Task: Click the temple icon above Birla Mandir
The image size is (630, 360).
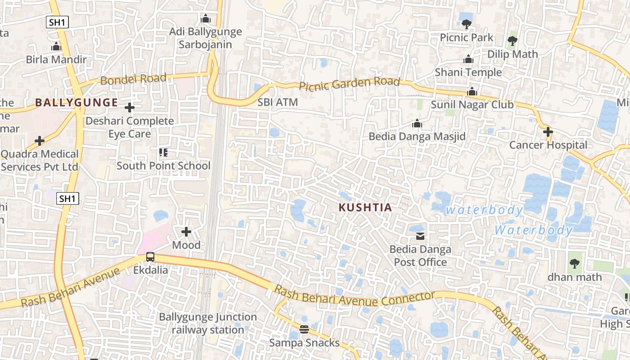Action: (56, 46)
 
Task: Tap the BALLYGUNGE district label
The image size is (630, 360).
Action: (76, 103)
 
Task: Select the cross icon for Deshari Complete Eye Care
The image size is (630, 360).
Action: (130, 108)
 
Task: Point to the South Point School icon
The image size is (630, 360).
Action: (163, 153)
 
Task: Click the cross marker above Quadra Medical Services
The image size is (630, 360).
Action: (40, 141)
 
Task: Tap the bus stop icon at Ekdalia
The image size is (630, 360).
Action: (150, 257)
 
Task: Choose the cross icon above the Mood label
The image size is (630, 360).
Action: (186, 232)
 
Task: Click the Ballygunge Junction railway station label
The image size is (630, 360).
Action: (207, 323)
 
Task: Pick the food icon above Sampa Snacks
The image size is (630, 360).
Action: (304, 329)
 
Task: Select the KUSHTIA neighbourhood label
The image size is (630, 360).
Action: (365, 207)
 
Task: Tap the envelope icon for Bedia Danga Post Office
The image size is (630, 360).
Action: (420, 236)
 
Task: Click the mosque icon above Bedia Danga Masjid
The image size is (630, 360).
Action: (417, 123)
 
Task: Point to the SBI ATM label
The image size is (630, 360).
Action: (278, 102)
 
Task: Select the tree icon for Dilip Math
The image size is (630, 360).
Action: (512, 41)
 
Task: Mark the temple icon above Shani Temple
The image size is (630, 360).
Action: (468, 59)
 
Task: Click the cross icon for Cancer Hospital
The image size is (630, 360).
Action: (548, 132)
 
